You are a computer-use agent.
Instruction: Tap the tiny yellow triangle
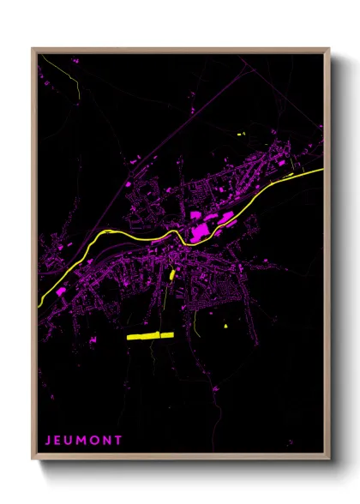click(225, 326)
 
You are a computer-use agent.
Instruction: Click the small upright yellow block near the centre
click(172, 275)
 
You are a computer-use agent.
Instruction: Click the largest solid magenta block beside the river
click(200, 230)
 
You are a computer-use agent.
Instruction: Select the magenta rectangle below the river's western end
click(62, 291)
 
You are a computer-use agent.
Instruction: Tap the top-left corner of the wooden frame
click(33, 49)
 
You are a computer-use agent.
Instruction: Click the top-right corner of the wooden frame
click(329, 49)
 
